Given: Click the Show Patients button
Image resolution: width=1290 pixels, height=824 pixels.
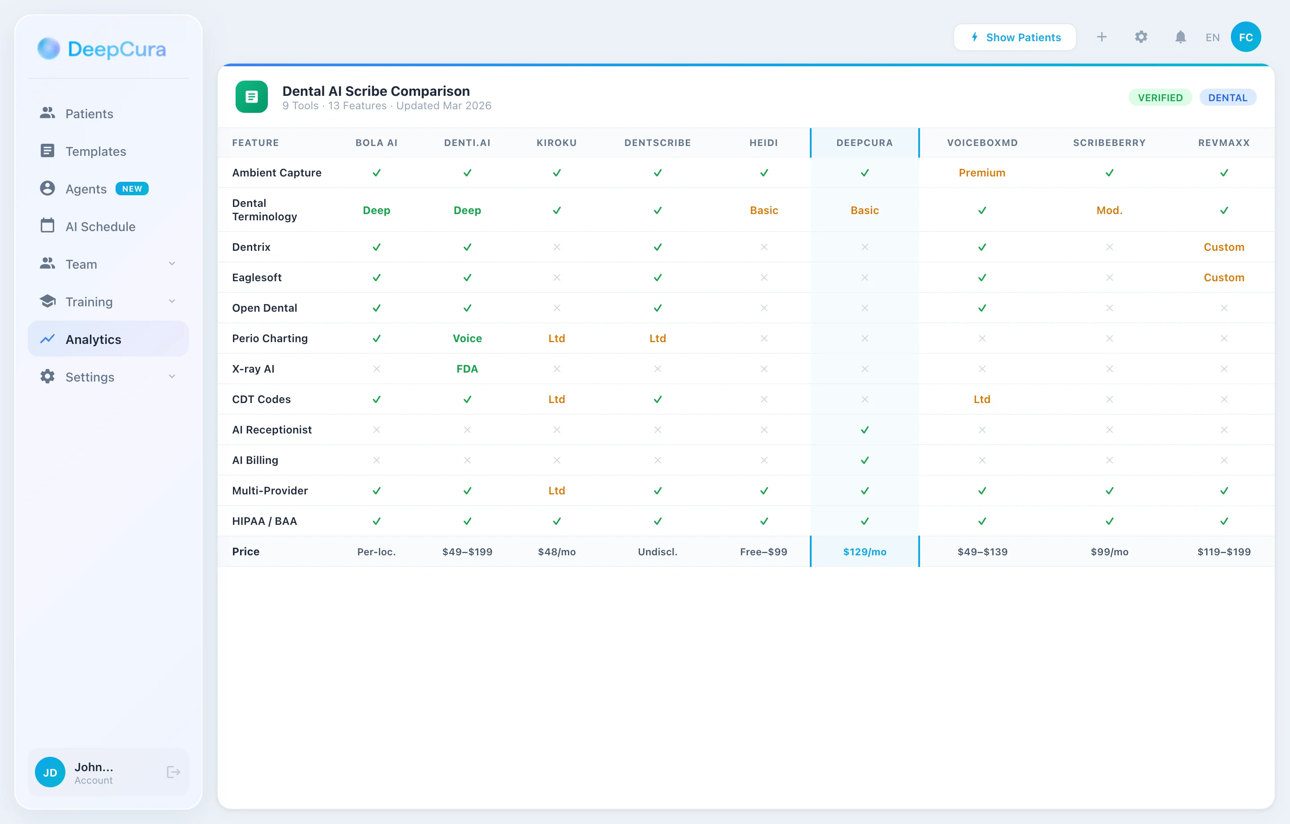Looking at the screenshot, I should click(1015, 37).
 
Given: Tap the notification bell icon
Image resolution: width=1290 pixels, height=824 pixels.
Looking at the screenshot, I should click(1180, 37).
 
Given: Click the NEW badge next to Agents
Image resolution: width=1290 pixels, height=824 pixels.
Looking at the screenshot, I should click(132, 189).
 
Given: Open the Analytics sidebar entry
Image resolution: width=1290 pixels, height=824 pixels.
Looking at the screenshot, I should click(93, 339).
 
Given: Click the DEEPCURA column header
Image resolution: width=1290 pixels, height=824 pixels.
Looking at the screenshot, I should click(864, 142).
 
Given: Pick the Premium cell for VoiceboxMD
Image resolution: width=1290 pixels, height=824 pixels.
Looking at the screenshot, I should click(981, 172).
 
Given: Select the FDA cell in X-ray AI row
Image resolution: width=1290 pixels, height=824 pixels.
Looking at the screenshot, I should click(467, 369).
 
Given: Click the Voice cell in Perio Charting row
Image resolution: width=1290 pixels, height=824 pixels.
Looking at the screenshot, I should click(467, 338).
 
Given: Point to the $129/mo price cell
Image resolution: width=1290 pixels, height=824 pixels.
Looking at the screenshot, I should click(864, 551).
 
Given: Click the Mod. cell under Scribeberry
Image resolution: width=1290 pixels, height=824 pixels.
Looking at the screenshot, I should click(1109, 210).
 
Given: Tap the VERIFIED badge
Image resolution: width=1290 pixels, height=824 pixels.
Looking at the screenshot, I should click(1160, 98).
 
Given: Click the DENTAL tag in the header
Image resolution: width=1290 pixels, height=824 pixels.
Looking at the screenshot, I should click(1227, 98).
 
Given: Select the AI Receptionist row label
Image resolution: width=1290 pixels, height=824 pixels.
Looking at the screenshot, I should click(271, 429).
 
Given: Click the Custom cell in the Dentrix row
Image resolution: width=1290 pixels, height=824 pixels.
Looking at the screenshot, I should click(1224, 247).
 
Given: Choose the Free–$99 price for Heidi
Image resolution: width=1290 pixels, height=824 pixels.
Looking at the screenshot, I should click(763, 551).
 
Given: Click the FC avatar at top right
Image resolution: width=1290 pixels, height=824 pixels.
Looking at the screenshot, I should click(1246, 37).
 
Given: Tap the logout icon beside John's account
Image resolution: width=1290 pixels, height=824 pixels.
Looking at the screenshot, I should click(173, 772).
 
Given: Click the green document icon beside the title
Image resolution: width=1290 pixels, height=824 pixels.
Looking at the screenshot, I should click(251, 97).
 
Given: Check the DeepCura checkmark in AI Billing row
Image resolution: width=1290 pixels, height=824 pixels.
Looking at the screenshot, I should click(864, 460).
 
